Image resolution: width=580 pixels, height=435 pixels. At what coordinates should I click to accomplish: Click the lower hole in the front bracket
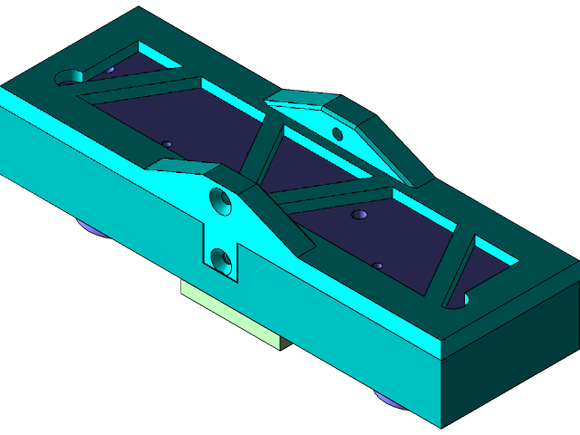[220, 261]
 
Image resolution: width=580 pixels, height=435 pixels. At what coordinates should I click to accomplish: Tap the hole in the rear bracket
[337, 135]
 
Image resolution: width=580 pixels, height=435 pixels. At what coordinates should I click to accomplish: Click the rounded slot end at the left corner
[69, 78]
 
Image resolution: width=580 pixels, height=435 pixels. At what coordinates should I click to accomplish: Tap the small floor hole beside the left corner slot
[108, 70]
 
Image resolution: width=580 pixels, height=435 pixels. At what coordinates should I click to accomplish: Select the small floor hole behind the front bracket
[167, 143]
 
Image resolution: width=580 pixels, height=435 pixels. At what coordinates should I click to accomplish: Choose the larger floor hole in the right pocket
[360, 215]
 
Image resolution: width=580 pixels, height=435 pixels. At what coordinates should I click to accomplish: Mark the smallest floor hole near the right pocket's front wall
[378, 266]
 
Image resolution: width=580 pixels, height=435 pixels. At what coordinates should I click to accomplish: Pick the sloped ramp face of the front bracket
[272, 217]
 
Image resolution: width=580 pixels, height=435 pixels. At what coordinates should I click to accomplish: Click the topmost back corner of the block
[139, 8]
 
